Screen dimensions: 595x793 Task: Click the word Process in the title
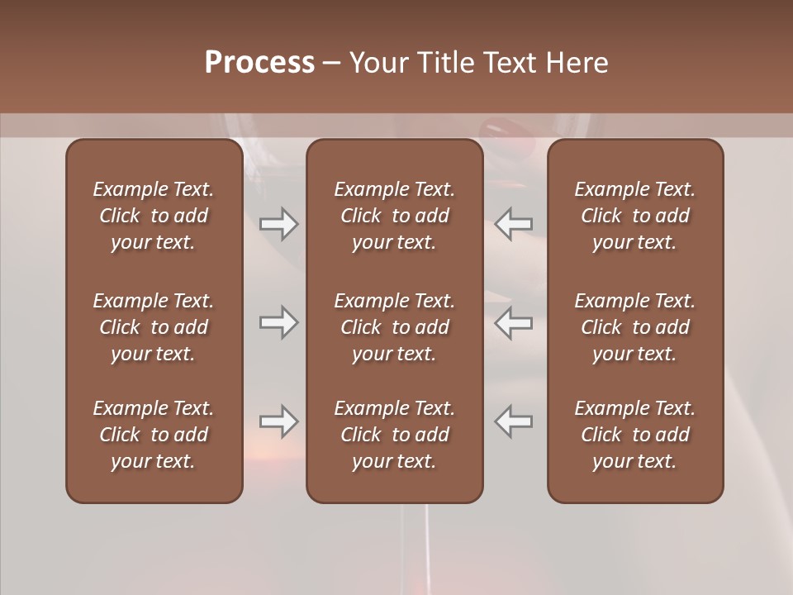click(x=259, y=63)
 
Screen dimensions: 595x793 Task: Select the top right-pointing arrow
click(x=278, y=223)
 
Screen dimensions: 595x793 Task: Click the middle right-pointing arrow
click(x=278, y=322)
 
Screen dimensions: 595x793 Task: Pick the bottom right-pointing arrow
click(x=278, y=421)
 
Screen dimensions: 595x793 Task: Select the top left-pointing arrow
click(x=514, y=223)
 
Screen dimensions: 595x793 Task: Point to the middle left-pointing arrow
click(x=514, y=322)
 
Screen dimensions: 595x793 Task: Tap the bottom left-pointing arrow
click(x=514, y=421)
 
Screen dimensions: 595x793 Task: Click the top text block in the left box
click(x=154, y=216)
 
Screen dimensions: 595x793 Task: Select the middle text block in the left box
click(x=154, y=327)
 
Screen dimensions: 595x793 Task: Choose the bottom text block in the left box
click(x=154, y=435)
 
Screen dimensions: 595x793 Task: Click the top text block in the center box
click(x=395, y=216)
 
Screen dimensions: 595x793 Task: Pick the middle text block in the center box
click(x=395, y=327)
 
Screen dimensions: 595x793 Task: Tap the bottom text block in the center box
click(x=395, y=435)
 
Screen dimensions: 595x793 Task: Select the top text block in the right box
click(x=635, y=216)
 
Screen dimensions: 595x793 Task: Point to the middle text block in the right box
click(x=635, y=327)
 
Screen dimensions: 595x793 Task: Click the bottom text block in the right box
click(x=635, y=435)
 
